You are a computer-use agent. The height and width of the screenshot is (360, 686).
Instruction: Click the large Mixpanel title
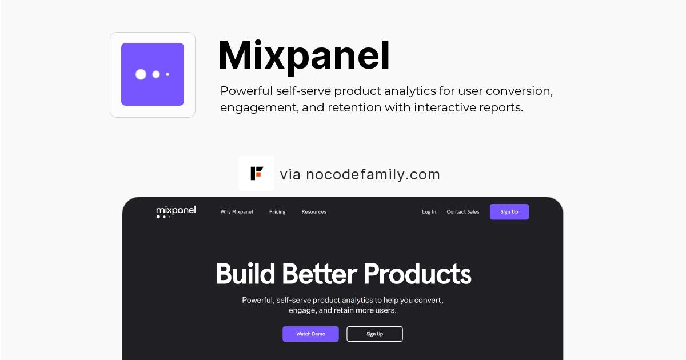pos(304,57)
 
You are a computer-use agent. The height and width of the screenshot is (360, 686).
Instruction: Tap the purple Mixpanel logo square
pos(153,74)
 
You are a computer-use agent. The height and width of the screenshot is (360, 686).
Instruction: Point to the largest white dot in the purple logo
pos(141,74)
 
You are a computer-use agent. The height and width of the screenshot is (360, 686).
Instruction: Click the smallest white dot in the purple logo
pos(167,74)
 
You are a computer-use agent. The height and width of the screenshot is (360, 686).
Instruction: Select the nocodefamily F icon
pos(257,174)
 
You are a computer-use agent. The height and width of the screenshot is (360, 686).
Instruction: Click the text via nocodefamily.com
pos(360,174)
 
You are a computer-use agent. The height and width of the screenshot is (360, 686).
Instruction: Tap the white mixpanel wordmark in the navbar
pos(176,211)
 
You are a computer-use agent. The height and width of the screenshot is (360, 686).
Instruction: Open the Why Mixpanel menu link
pos(237,212)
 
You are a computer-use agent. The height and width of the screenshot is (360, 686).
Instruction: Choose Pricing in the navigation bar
pos(277,212)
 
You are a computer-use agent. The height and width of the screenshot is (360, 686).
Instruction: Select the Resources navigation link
pos(314,212)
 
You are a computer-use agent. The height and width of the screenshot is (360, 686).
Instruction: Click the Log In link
pos(429,212)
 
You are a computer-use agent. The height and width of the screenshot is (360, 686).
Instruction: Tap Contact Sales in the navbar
pos(463,212)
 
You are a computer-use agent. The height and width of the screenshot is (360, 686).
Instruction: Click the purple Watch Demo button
pos(310,334)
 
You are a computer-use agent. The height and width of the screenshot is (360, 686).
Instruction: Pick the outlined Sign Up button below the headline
pos(374,334)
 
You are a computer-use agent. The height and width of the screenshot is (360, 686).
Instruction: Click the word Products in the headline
pos(417,274)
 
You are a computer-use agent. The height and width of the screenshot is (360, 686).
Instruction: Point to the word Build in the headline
pos(245,273)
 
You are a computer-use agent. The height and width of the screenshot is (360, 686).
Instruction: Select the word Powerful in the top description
pos(246,91)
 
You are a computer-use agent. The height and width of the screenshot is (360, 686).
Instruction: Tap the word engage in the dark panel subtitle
pos(301,310)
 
